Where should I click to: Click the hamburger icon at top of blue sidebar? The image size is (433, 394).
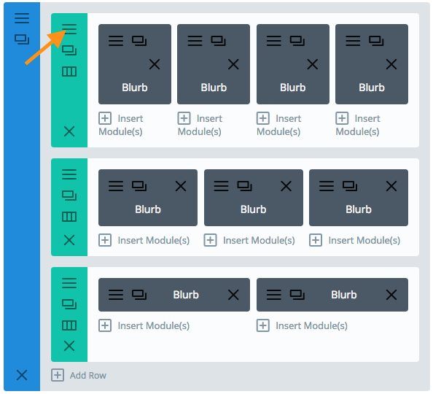(x=22, y=18)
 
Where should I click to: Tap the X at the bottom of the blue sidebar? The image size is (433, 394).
(x=22, y=375)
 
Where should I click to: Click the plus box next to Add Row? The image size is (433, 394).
(x=58, y=375)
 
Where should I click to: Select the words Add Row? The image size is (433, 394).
(x=87, y=376)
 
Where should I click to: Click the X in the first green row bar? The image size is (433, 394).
(x=69, y=131)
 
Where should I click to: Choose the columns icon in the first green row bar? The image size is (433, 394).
(x=69, y=72)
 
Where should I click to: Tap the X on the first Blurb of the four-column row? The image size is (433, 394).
(x=155, y=64)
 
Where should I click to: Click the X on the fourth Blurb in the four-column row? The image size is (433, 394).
(x=391, y=64)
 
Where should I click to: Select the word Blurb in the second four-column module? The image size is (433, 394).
(x=214, y=88)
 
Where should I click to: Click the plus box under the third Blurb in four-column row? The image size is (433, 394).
(x=263, y=118)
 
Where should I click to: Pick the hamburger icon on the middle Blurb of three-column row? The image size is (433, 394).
(x=221, y=186)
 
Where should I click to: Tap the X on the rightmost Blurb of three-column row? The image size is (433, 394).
(x=391, y=186)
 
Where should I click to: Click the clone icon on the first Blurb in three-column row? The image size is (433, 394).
(x=139, y=186)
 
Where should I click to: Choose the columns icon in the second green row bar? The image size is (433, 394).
(x=69, y=217)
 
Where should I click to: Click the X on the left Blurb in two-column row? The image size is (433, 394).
(x=233, y=295)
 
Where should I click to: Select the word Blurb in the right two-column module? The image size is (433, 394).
(x=344, y=295)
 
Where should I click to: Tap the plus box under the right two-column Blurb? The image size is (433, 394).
(x=263, y=325)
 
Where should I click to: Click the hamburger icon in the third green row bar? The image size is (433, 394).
(x=69, y=283)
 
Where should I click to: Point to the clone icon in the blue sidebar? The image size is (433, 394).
(x=22, y=39)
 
